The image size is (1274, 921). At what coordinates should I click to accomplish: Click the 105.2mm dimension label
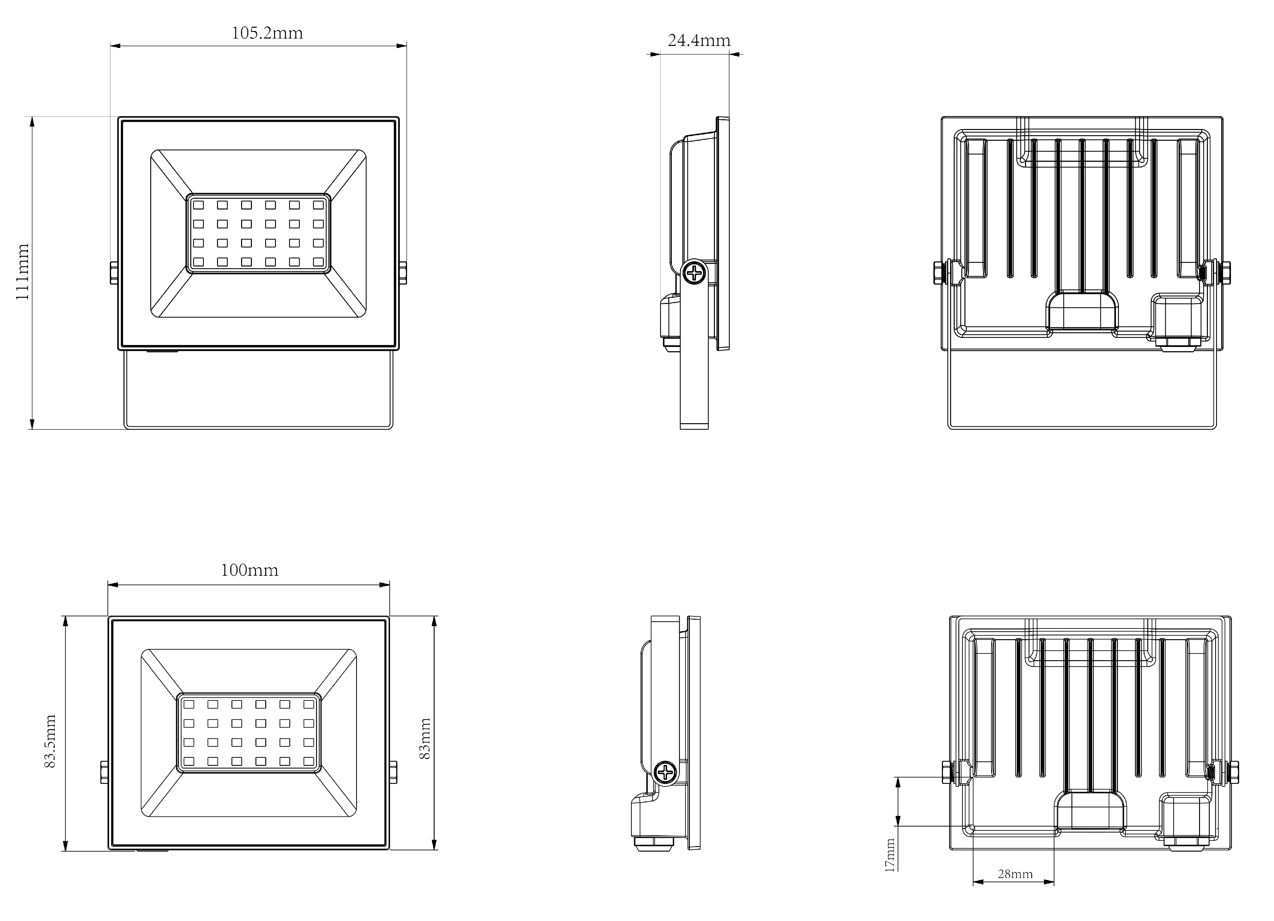268,33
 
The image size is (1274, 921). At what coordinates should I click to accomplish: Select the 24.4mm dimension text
699,40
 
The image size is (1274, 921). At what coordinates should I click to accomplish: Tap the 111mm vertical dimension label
22,272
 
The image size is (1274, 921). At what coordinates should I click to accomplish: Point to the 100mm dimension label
249,570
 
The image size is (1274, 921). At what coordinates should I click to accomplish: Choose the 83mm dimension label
425,739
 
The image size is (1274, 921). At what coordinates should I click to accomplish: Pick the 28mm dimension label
1015,874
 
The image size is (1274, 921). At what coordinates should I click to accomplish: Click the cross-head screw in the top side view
695,273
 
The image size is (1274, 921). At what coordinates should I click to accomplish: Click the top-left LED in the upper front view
198,205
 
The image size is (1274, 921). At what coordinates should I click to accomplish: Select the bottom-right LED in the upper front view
319,262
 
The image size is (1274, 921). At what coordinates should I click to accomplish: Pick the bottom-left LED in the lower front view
189,761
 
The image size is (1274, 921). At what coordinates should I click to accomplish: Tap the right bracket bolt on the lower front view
393,772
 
